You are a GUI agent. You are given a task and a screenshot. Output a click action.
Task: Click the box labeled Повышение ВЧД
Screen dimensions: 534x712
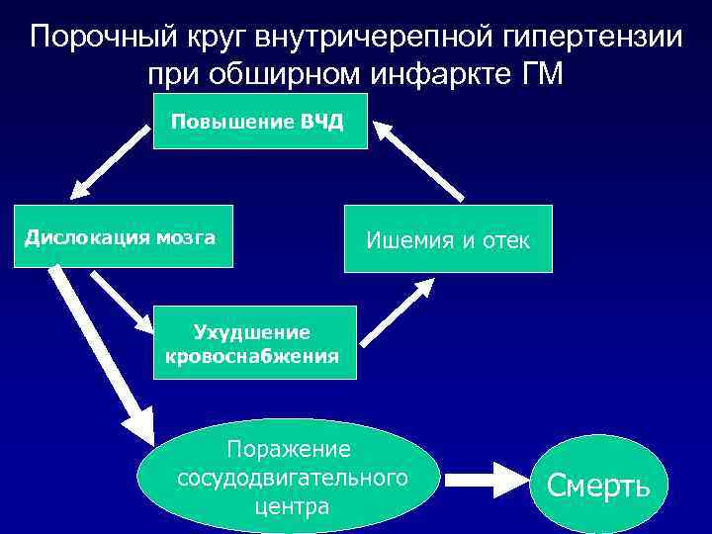click(260, 122)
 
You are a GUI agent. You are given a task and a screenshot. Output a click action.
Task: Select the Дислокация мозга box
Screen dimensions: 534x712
click(123, 236)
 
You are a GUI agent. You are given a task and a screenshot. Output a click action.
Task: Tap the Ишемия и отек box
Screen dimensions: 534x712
click(448, 238)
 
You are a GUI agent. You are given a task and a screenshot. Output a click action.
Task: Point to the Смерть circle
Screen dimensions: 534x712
click(598, 485)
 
